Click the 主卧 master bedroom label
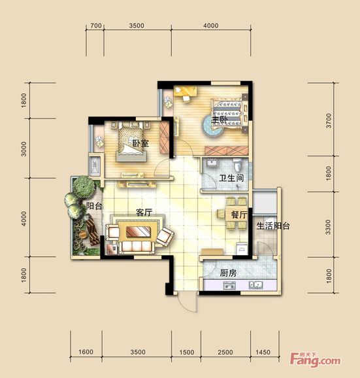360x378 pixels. (219, 120)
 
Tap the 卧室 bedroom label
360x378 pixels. (140, 143)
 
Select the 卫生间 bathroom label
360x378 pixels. (231, 178)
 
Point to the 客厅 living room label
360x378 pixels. (144, 213)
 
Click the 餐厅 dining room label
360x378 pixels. (239, 215)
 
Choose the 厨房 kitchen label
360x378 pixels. (228, 273)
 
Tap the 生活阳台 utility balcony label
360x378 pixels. (273, 226)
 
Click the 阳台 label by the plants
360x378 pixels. (94, 206)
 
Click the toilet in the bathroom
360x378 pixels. (237, 165)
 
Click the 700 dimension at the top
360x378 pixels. (96, 26)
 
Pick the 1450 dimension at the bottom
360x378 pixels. (263, 352)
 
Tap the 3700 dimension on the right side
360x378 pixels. (329, 120)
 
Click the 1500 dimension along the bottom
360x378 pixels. (187, 352)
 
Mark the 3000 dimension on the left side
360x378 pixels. (24, 148)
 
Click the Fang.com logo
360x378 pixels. (316, 360)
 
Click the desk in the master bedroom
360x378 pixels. (185, 92)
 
